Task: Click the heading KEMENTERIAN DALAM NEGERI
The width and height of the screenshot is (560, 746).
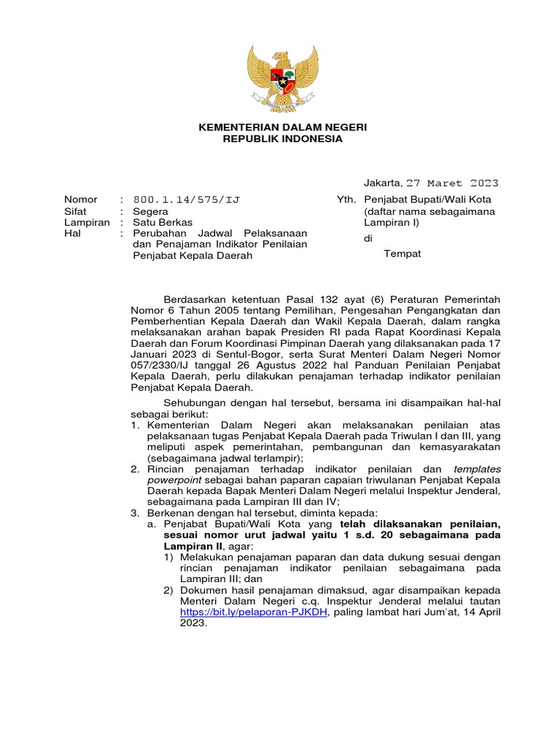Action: [283, 127]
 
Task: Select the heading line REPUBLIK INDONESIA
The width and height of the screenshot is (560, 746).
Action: [283, 139]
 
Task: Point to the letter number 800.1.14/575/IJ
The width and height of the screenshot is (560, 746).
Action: [187, 199]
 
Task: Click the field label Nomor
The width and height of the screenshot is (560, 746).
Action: [80, 199]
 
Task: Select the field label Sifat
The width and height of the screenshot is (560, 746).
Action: [77, 211]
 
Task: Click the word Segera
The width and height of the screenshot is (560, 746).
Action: [151, 211]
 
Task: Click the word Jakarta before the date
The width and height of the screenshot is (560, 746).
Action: [382, 183]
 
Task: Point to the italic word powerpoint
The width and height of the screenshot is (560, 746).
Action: [176, 480]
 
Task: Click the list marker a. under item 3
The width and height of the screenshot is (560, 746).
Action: [152, 523]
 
